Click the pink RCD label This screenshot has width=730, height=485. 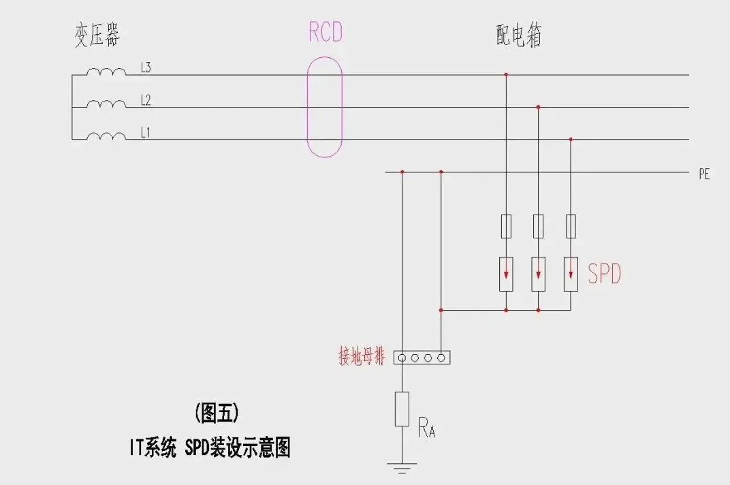tap(325, 33)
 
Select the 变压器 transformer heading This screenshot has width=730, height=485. tap(97, 35)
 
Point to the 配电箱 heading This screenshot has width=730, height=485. tap(519, 36)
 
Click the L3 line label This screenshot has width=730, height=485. tap(146, 67)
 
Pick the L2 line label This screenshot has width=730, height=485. tap(146, 100)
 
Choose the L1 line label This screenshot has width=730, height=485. tap(145, 133)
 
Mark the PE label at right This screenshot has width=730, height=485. tap(704, 174)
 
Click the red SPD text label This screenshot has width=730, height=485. tap(605, 275)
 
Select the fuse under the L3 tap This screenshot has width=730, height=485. tap(506, 226)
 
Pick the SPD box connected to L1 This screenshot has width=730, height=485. tap(571, 274)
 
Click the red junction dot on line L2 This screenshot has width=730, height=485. tap(538, 107)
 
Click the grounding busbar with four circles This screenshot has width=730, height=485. tap(422, 357)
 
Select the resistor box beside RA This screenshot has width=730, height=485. tap(402, 409)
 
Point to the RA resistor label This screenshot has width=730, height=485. tap(426, 430)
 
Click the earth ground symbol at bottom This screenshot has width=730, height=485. tap(402, 467)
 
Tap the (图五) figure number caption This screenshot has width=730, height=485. tap(217, 413)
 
